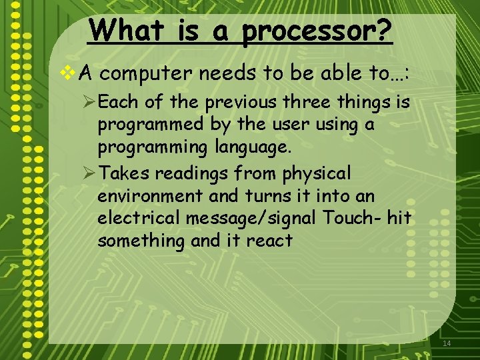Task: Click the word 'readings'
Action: (196, 175)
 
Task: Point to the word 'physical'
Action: (317, 174)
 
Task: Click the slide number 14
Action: (447, 343)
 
